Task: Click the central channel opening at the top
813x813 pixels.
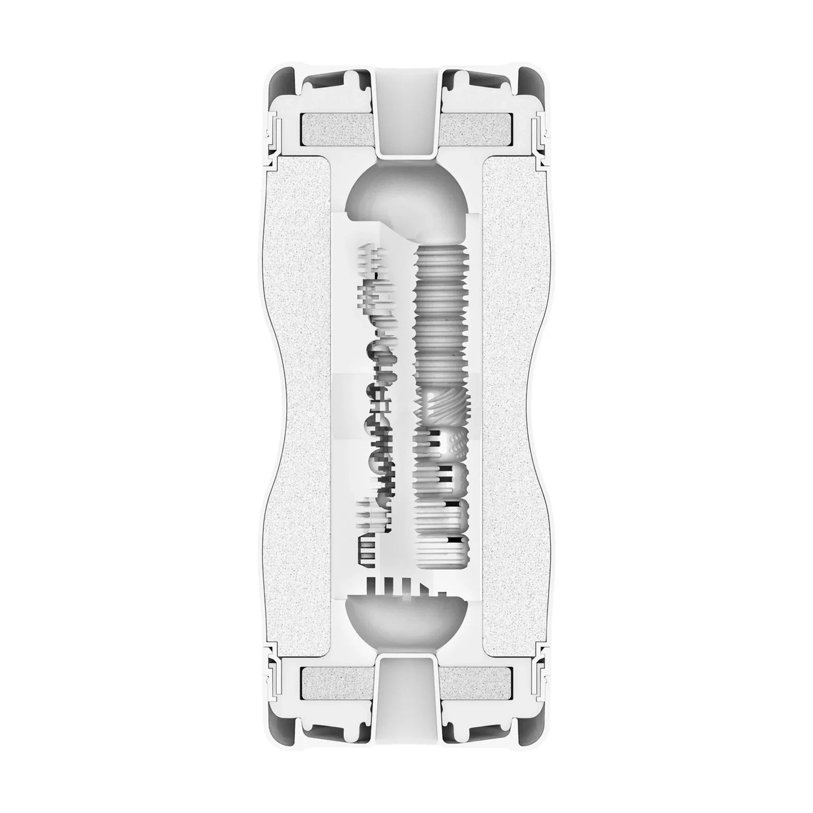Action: [406, 113]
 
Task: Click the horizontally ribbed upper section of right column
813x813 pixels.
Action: [442, 315]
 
